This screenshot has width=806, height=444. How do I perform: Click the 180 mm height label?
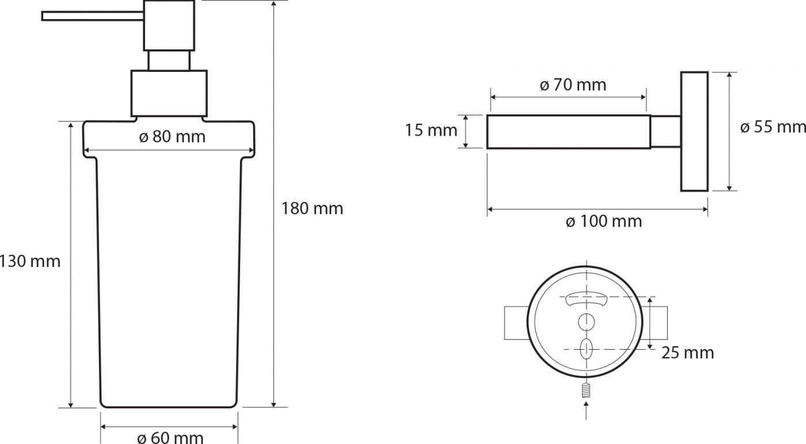coord(312,209)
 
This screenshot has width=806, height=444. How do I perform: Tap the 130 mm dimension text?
coord(30,261)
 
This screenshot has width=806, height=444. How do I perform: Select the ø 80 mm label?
coord(172,137)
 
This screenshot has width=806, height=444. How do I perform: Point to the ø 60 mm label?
coord(170,438)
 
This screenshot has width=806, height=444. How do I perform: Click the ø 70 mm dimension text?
coord(573,85)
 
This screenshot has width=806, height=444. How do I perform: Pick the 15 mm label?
coord(431,130)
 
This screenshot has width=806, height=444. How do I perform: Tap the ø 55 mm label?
coord(773,127)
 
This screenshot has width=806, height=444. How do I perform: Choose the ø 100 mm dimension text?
coord(603,221)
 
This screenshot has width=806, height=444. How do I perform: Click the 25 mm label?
coord(687,353)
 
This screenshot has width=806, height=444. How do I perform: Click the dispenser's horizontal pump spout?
coord(93,16)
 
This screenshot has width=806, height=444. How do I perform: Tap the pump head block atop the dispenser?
coord(169,25)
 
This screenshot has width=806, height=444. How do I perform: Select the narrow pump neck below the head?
coord(169,60)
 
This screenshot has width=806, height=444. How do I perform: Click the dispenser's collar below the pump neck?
coord(169,93)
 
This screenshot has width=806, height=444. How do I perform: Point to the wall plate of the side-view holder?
coord(694,131)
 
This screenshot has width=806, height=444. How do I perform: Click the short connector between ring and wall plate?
coord(666,132)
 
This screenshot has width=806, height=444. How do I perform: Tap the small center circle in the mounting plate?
coord(586,321)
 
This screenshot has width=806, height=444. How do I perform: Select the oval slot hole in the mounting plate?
coord(586,349)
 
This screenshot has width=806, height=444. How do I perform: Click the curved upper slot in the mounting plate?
coord(586,298)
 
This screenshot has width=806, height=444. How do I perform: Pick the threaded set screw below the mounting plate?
coord(586,390)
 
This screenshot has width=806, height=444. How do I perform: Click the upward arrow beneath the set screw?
coord(586,411)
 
